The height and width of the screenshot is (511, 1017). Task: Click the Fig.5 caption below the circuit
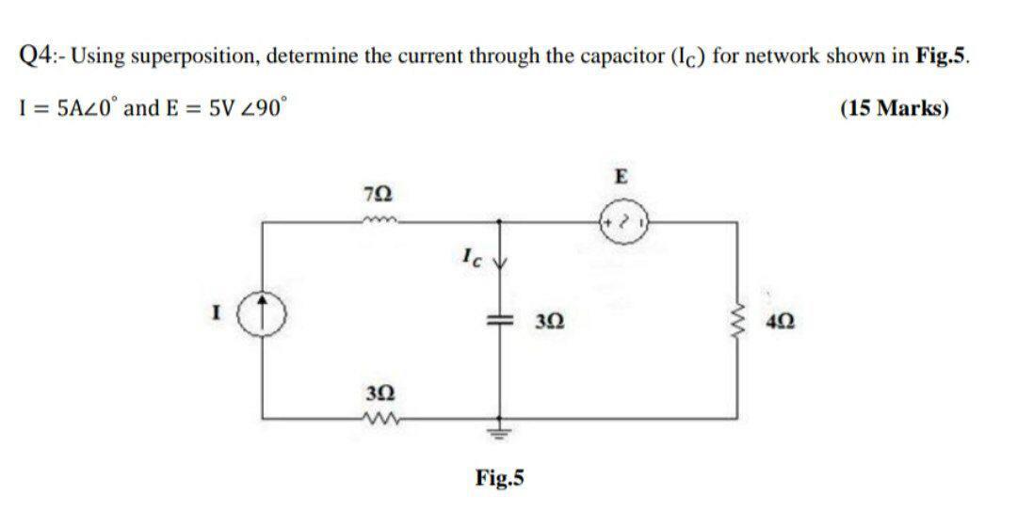click(x=500, y=478)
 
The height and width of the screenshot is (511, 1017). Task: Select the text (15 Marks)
click(x=894, y=108)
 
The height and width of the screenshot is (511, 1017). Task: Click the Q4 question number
click(x=35, y=54)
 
